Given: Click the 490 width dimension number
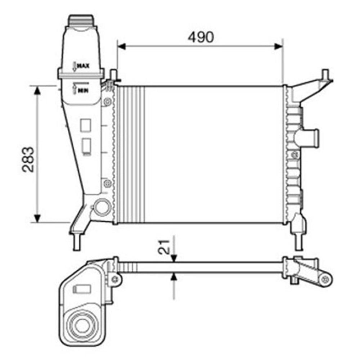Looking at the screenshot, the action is click(201, 37).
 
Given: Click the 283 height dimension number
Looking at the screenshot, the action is click(28, 159).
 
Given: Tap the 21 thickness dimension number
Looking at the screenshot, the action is click(164, 247).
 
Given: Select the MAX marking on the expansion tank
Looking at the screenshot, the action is click(83, 66).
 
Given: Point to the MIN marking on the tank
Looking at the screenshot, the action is click(83, 90).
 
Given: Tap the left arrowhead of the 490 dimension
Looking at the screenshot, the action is click(121, 46).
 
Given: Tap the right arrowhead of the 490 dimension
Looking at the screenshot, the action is click(279, 46).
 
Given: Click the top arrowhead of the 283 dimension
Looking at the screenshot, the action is click(37, 90).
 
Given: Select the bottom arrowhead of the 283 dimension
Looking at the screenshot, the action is click(37, 218).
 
